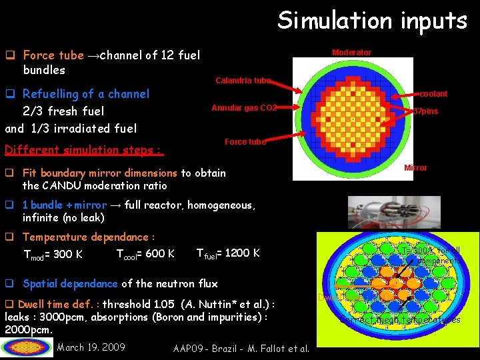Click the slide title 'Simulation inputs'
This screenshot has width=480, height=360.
coord(372,21)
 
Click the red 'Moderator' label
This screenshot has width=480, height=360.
coord(351,53)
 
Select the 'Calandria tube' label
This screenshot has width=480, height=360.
coord(243,81)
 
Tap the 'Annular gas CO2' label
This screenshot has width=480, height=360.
coord(243,108)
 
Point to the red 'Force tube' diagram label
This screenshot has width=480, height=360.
coord(245,142)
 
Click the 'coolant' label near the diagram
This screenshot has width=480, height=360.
coord(433,94)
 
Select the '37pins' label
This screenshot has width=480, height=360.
coord(426,111)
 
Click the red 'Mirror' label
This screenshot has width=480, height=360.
coord(415,168)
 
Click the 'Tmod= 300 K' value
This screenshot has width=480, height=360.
coord(53,254)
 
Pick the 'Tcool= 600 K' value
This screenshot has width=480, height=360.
coord(145,253)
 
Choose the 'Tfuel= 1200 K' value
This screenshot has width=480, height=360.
coord(228,253)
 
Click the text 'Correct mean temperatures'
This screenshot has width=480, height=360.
coord(399,320)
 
